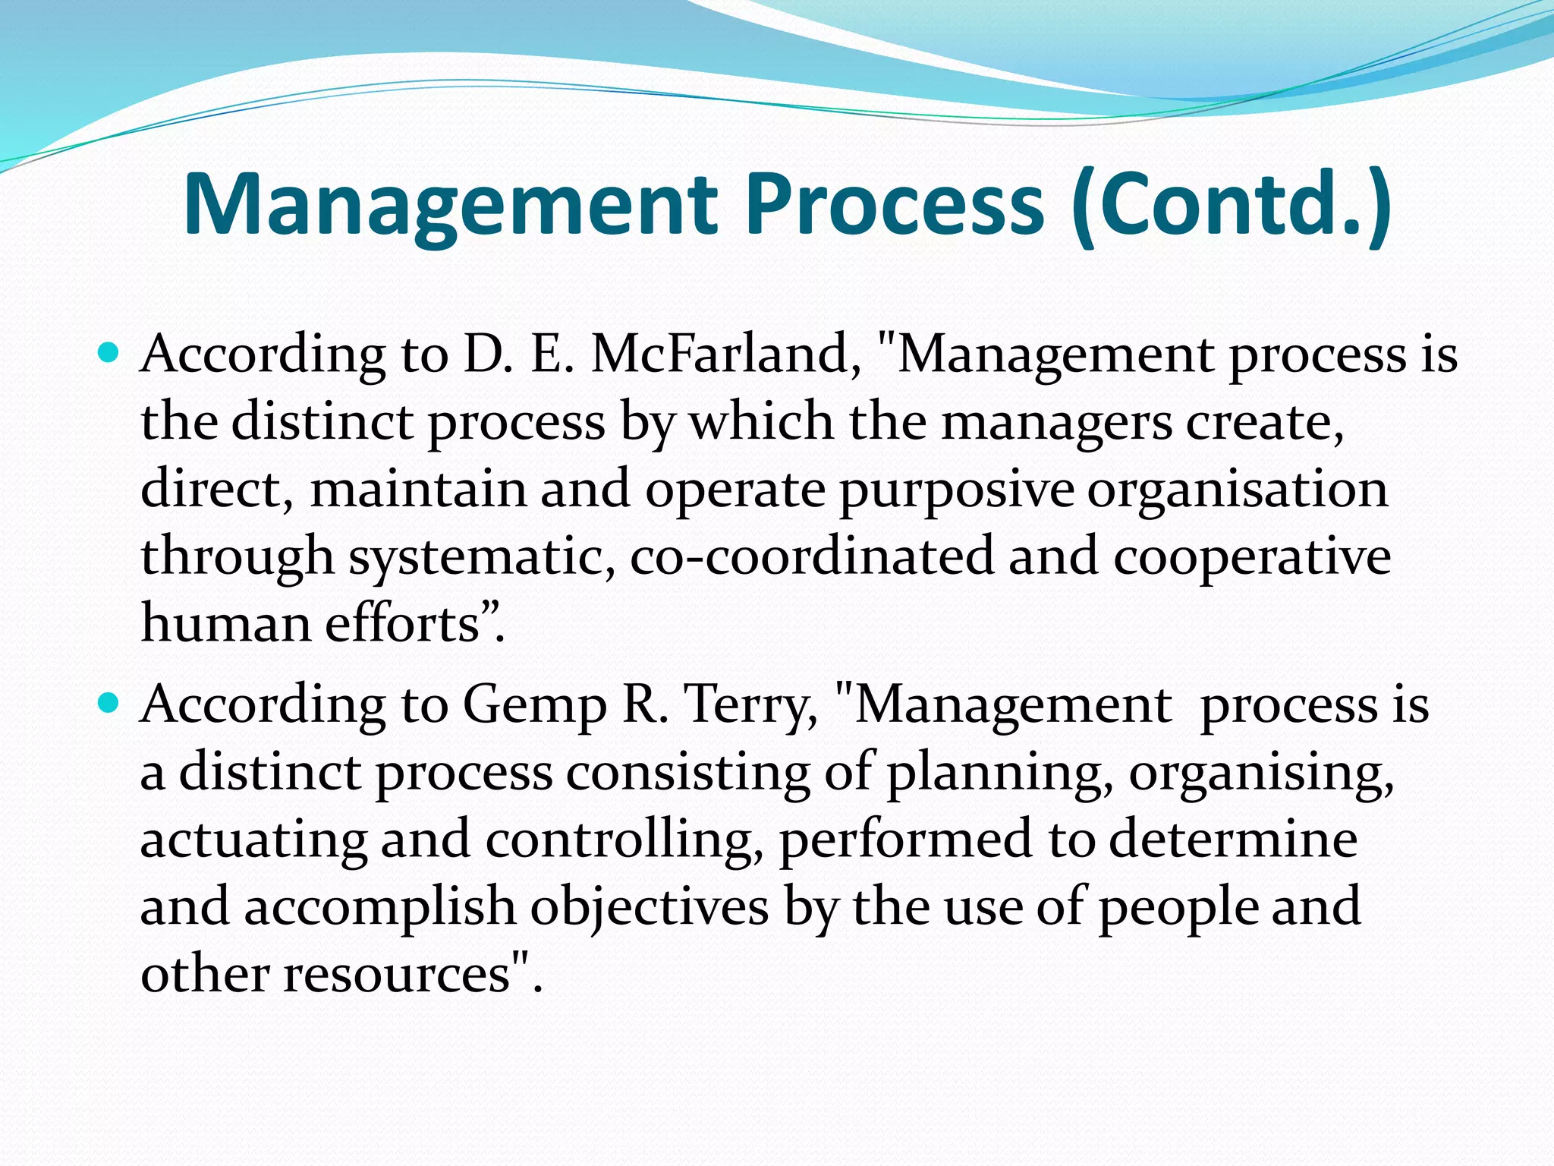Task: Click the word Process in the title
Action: pos(895,205)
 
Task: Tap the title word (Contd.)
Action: pos(1232,205)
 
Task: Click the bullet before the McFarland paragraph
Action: pos(109,353)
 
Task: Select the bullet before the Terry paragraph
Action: pos(109,704)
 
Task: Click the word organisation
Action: pos(1238,490)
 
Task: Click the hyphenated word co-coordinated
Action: pos(811,556)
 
